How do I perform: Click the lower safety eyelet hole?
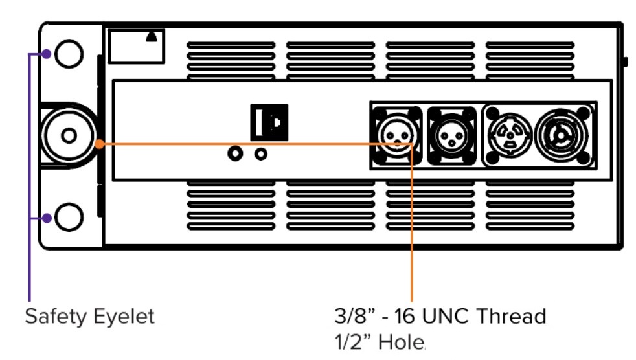[68, 216]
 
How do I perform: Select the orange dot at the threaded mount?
[98, 143]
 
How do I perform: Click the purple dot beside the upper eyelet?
[47, 53]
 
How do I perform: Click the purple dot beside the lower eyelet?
[47, 218]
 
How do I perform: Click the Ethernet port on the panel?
[269, 121]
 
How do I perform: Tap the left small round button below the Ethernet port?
[236, 154]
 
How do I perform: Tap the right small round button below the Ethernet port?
[261, 154]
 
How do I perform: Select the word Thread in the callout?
[512, 317]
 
